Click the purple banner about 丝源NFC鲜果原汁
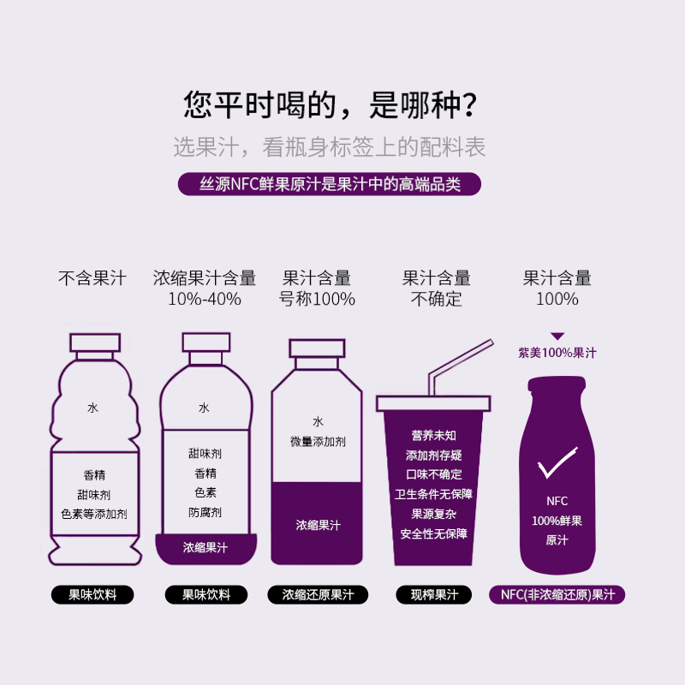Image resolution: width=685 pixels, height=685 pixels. coord(330,184)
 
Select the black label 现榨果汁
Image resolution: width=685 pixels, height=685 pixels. coord(434,594)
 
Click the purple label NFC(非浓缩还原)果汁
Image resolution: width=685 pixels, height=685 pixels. coord(557,594)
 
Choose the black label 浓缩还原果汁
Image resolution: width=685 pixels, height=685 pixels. coord(318,594)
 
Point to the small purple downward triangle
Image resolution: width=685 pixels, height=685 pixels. coord(557,336)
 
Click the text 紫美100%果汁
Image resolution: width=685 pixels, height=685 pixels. coord(557,353)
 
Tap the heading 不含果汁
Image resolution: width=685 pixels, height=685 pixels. coord(92,277)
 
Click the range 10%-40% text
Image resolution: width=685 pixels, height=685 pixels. coord(205,299)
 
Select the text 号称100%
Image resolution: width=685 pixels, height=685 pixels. coord(317,299)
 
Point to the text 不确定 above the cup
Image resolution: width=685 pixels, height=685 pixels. coord(437,299)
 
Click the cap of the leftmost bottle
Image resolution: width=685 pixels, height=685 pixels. coord(95,342)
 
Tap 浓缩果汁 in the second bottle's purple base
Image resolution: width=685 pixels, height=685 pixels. coord(205,547)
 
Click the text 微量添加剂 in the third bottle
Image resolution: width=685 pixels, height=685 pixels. coord(318,442)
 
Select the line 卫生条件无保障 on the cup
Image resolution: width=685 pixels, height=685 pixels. coord(434,494)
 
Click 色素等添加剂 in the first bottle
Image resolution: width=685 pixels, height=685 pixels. coord(94,514)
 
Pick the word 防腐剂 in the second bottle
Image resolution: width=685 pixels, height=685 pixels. coord(205,512)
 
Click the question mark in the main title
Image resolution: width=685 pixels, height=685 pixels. coord(470,104)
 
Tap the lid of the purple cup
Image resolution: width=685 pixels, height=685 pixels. coord(433,403)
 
